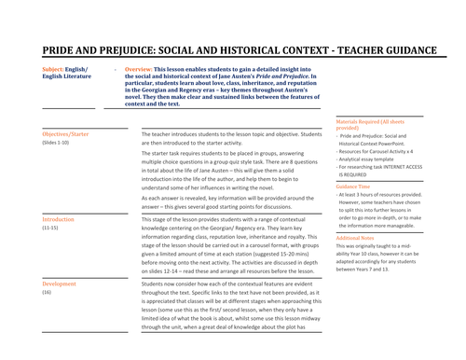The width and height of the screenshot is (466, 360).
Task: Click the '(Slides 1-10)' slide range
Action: coord(56,143)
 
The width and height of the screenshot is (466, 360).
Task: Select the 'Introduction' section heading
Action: coord(59,219)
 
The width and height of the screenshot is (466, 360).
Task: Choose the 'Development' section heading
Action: coord(60,283)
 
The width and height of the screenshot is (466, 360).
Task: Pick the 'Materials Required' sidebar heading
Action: coord(369,121)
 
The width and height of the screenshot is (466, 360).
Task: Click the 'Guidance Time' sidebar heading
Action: coord(355,186)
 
